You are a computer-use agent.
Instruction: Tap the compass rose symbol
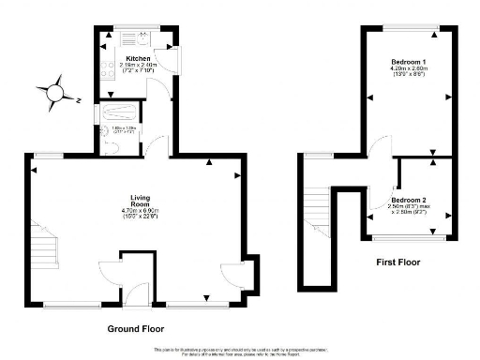pos(56,92)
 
